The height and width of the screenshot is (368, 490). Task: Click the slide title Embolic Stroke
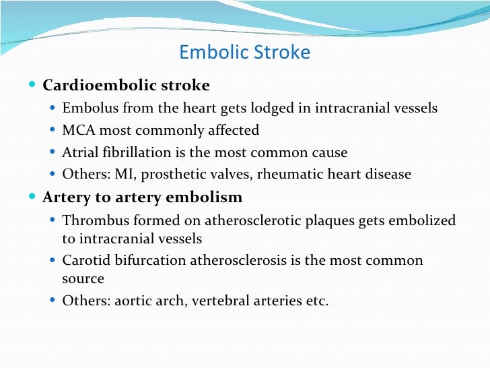pyautogui.click(x=245, y=53)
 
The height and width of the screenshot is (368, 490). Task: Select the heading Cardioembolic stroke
pyautogui.click(x=126, y=86)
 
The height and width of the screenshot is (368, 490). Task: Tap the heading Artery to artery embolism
pyautogui.click(x=142, y=198)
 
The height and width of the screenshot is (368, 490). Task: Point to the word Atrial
pyautogui.click(x=79, y=152)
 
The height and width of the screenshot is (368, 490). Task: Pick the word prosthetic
pyautogui.click(x=160, y=175)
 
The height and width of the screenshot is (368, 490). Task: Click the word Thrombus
pyautogui.click(x=91, y=220)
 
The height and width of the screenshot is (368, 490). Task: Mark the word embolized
pyautogui.click(x=418, y=220)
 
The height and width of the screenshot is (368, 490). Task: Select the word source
pyautogui.click(x=83, y=278)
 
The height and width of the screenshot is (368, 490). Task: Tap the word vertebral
pyautogui.click(x=218, y=301)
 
